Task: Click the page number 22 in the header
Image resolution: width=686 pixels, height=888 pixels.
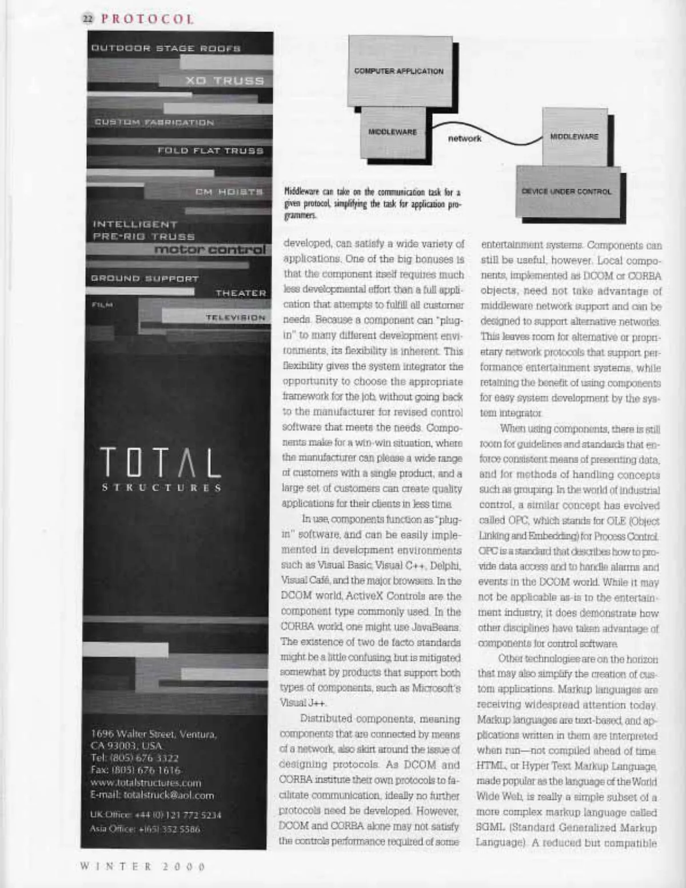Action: point(87,19)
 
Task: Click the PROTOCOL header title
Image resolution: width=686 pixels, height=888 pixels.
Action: point(147,19)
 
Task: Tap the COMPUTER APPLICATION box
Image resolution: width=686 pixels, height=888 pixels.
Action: point(398,71)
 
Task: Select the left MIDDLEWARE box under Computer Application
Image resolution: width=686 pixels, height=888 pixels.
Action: point(392,133)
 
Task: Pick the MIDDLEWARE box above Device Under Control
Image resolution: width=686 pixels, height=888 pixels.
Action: point(573,137)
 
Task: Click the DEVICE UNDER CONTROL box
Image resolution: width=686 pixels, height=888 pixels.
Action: point(566,192)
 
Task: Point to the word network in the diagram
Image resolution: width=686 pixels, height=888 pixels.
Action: point(465,138)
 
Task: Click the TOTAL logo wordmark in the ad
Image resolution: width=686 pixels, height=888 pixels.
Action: point(161,463)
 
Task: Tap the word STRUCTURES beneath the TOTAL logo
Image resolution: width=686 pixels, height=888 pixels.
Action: point(161,488)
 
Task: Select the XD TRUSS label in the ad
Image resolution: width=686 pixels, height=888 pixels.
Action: point(225,81)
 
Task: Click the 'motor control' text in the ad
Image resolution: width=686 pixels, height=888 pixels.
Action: point(210,250)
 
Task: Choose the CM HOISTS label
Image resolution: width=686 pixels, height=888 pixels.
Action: point(229,192)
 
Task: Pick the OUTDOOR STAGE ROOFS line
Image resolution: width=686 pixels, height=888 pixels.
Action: point(166,49)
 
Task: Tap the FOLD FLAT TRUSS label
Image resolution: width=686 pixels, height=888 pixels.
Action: point(210,151)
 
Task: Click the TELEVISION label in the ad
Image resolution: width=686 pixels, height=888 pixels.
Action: point(236,317)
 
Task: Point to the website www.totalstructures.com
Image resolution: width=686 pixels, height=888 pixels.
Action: point(146,782)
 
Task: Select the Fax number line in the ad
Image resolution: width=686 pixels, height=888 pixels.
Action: point(135,770)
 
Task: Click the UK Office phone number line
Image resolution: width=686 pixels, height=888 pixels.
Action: point(156,815)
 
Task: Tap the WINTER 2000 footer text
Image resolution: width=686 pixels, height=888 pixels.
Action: point(142,866)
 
